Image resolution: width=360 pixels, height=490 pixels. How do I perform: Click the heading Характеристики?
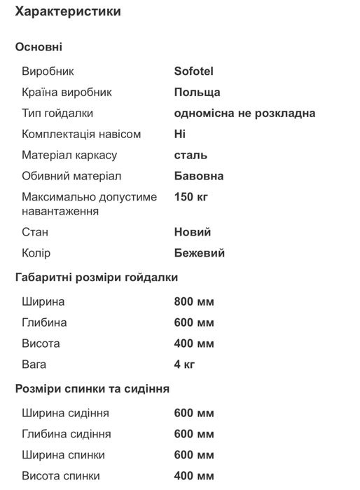(x=67, y=12)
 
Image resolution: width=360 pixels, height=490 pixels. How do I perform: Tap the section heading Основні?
(x=39, y=47)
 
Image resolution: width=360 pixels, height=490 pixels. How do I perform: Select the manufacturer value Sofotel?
(x=193, y=71)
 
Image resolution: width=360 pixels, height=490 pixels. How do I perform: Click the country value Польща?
(x=197, y=92)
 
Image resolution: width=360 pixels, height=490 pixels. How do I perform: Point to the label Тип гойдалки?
(x=57, y=113)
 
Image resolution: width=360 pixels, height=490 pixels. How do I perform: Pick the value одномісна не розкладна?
(x=244, y=113)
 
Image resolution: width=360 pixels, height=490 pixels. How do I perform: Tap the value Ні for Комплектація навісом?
(x=180, y=134)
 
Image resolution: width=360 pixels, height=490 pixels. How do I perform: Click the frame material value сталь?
(x=191, y=155)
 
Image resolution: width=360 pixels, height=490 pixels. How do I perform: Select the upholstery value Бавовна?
(x=199, y=176)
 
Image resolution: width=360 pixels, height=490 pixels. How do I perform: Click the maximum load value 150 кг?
(x=191, y=197)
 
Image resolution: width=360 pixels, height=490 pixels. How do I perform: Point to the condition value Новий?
(x=193, y=232)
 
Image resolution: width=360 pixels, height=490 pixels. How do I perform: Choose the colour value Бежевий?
(x=200, y=253)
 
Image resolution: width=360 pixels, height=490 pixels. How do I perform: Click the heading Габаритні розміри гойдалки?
(x=97, y=277)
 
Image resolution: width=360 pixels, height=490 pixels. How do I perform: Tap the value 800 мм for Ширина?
(x=194, y=301)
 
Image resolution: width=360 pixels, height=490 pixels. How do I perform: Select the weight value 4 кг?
(x=184, y=365)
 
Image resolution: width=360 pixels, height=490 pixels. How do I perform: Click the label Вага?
(x=34, y=365)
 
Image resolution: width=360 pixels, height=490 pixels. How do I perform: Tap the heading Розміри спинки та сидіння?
(x=92, y=388)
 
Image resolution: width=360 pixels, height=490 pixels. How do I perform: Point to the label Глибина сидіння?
(x=67, y=434)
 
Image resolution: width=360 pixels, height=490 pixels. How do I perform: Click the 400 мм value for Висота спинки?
(x=194, y=476)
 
